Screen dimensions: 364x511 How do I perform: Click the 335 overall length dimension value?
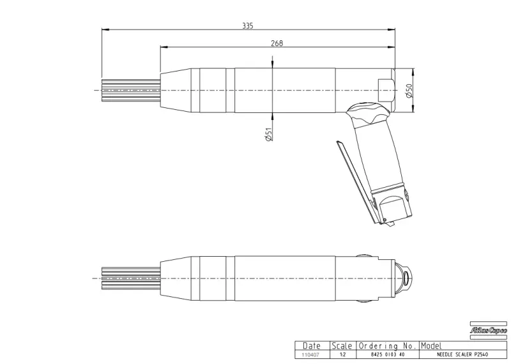248,26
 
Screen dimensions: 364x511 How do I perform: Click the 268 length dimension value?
277,43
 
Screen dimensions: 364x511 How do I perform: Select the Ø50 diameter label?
409,91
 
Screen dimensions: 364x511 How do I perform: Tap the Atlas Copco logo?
489,330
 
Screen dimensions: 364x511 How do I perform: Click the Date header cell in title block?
312,345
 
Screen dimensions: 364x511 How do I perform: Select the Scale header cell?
342,345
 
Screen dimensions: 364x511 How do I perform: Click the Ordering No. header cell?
387,345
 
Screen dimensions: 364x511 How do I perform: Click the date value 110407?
311,354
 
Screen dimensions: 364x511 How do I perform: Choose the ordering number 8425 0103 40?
387,354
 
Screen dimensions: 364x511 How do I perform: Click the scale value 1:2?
342,354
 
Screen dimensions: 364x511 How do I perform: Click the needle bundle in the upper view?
130,91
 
